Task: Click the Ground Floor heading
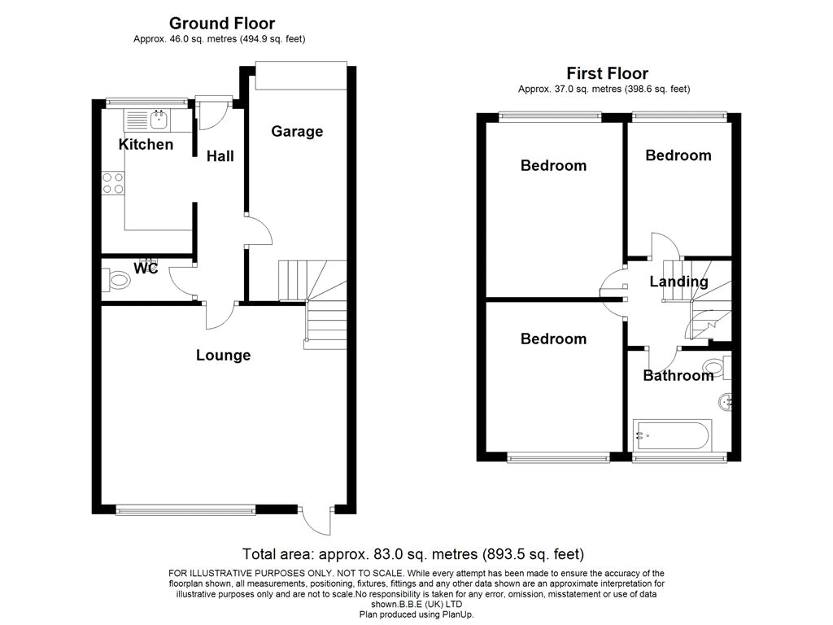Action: pyautogui.click(x=222, y=24)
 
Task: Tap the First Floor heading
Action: pyautogui.click(x=607, y=73)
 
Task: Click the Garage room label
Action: pyautogui.click(x=297, y=131)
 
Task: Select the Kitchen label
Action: pyautogui.click(x=146, y=144)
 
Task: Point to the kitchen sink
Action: pyautogui.click(x=159, y=120)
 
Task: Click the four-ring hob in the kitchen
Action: pyautogui.click(x=113, y=183)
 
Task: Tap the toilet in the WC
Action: pyautogui.click(x=116, y=280)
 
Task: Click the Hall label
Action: pyautogui.click(x=220, y=155)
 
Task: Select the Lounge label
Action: pyautogui.click(x=223, y=355)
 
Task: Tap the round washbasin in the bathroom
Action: pyautogui.click(x=726, y=402)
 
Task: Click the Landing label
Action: pyautogui.click(x=679, y=281)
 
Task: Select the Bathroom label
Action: pyautogui.click(x=678, y=376)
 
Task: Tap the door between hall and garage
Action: pyautogui.click(x=259, y=230)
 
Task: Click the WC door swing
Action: pyautogui.click(x=182, y=281)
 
